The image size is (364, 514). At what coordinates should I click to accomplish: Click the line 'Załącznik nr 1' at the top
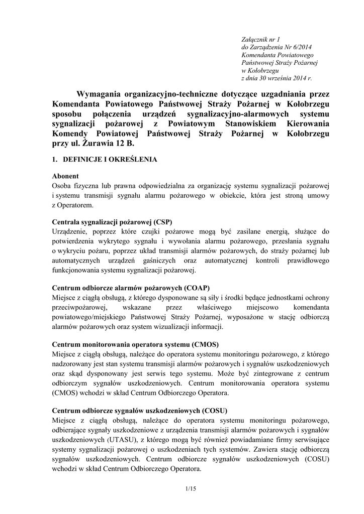tap(261, 39)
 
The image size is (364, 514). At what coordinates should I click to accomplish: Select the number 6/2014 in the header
tap(301, 47)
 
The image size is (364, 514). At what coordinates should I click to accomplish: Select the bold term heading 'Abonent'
tap(65, 176)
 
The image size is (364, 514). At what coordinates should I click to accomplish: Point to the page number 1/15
tap(190, 489)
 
